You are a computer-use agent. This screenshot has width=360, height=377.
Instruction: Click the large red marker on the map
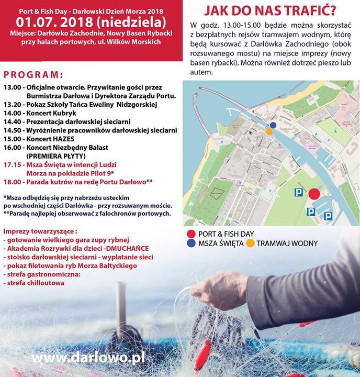314,194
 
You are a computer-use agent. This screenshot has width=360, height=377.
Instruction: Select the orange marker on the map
269,132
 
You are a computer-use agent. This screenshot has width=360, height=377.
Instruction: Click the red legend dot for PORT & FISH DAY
191,234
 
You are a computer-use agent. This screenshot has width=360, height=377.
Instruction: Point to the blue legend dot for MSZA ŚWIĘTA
191,243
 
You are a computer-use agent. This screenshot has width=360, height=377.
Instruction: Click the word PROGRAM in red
32,75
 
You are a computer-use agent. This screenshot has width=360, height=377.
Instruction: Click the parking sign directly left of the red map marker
297,193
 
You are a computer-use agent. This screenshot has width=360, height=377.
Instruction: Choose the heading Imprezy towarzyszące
40,231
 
